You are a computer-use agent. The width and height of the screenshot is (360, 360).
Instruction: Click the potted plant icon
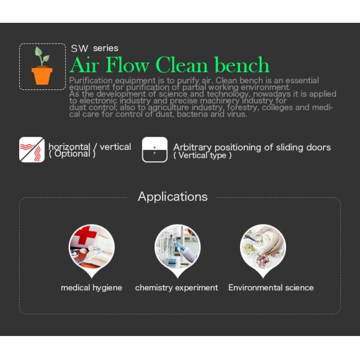(42, 67)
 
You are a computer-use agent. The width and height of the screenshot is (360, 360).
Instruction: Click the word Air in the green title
(85, 65)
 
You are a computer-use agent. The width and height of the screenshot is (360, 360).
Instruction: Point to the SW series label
(94, 48)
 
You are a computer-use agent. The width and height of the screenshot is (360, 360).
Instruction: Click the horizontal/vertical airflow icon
(32, 149)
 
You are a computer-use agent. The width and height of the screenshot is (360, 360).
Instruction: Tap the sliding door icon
(155, 149)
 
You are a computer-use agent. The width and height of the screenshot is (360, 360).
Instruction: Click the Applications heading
(173, 197)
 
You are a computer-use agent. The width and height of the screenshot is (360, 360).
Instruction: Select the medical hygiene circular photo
(92, 247)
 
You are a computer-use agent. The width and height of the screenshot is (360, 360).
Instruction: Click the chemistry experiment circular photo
(177, 247)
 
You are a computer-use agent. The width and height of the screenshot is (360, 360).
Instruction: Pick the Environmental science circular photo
(263, 247)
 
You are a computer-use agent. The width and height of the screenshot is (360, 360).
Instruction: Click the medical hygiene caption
(91, 288)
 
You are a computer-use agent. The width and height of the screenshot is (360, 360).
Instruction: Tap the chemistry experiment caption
(176, 288)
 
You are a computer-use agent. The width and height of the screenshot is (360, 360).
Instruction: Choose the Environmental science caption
(271, 288)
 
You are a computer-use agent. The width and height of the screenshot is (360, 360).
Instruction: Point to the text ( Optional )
(72, 154)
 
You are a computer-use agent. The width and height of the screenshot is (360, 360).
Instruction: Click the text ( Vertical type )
(202, 156)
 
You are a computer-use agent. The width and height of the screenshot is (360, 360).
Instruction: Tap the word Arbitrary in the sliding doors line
(193, 147)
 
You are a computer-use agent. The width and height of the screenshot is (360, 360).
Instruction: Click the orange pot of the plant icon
(42, 75)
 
